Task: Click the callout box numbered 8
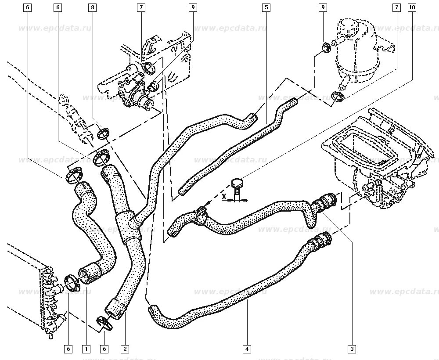tap(93, 7)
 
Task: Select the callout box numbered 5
tap(266, 7)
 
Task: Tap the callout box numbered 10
tap(411, 7)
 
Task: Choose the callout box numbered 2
tap(125, 349)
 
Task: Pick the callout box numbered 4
tap(247, 349)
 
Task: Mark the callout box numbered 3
tap(352, 349)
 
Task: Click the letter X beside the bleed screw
tap(224, 197)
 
